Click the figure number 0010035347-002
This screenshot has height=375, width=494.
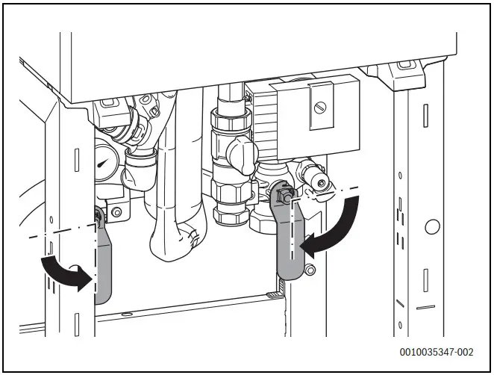pyautogui.click(x=436, y=351)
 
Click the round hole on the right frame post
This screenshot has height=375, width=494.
pyautogui.click(x=431, y=226)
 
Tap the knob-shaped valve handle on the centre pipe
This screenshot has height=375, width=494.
pyautogui.click(x=240, y=153)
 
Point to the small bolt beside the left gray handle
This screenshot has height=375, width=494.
pyautogui.click(x=116, y=214)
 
